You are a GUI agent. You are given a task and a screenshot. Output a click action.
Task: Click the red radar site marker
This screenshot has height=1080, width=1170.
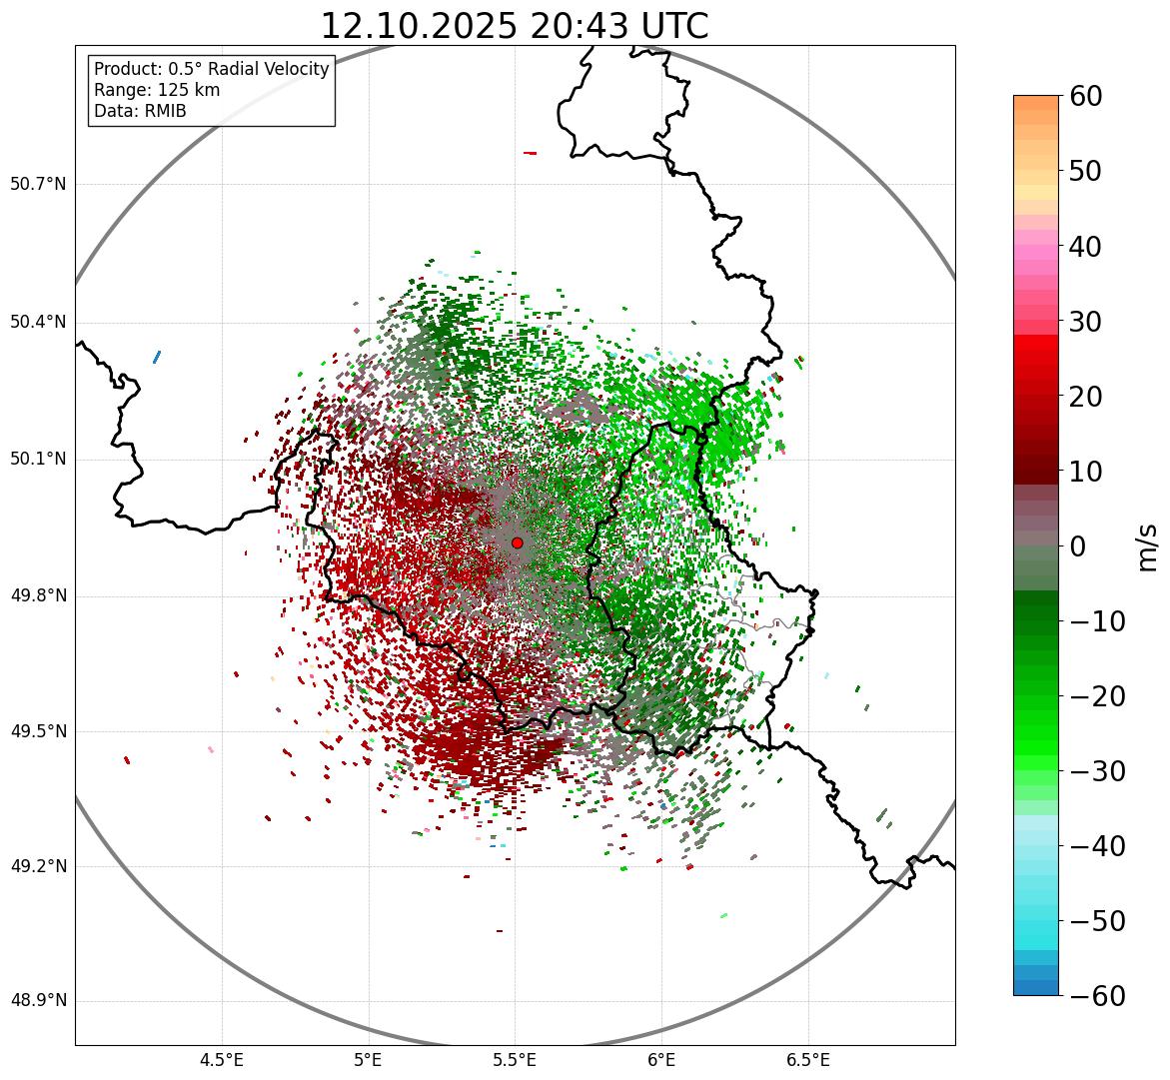(517, 542)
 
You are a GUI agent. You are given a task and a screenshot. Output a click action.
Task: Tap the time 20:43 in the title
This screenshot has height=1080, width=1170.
(576, 26)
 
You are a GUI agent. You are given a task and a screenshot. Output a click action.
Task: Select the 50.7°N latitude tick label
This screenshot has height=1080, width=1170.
(38, 185)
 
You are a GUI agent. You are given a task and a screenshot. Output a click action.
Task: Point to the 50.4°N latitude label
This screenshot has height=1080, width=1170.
(38, 322)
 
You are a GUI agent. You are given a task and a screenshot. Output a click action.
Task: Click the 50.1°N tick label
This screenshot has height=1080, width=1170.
(38, 460)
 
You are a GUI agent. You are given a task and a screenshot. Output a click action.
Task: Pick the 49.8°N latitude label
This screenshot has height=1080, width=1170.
(38, 596)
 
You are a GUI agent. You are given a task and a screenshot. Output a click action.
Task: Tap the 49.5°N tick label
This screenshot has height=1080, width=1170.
(38, 731)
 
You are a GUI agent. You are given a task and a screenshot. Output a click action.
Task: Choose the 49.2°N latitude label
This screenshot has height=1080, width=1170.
(38, 866)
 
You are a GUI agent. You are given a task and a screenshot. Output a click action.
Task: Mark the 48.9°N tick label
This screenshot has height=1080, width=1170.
(38, 1001)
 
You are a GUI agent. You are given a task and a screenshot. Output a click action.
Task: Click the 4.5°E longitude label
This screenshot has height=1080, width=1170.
(222, 1060)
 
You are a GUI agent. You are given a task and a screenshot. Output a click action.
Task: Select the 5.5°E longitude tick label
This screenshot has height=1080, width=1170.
(515, 1060)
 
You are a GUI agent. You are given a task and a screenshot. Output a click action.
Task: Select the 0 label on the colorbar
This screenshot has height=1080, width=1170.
(1077, 546)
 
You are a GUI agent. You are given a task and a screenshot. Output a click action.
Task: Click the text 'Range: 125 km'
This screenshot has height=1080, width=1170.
(157, 90)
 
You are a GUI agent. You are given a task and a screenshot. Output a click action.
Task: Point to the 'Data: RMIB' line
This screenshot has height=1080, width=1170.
(140, 111)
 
